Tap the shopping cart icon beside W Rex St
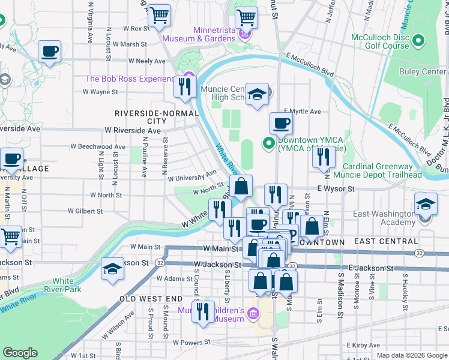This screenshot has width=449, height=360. click(159, 16)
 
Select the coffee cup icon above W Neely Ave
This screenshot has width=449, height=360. click(50, 52)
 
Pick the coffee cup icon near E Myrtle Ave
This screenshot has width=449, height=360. click(281, 124)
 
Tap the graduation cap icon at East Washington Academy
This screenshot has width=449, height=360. click(426, 205)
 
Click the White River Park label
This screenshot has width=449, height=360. click(63, 284)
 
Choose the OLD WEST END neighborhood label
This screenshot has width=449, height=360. click(150, 298)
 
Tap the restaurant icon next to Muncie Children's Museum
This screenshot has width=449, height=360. click(203, 312)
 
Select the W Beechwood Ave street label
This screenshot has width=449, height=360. click(98, 146)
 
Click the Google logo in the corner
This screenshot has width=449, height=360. click(20, 353)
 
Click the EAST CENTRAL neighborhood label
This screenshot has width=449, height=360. click(382, 242)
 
